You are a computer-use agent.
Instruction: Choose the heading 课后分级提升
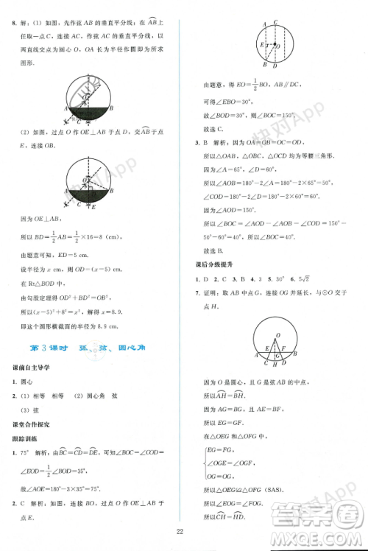213,263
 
